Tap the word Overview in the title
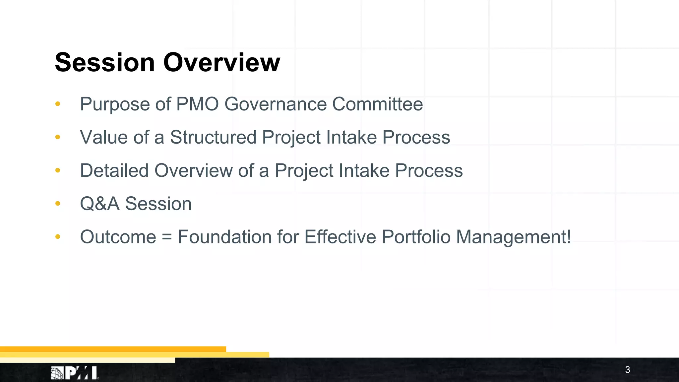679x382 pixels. click(x=221, y=62)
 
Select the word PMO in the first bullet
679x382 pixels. click(x=197, y=104)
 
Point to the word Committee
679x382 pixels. click(x=377, y=104)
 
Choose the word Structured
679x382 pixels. click(x=213, y=137)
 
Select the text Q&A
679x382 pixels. click(x=99, y=204)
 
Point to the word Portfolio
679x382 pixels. click(x=416, y=237)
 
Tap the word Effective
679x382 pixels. click(x=340, y=237)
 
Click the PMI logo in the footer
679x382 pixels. click(x=75, y=373)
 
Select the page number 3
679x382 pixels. click(x=627, y=370)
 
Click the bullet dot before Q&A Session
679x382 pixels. click(x=58, y=203)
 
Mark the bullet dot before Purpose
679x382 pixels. click(x=58, y=104)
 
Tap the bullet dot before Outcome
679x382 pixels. click(x=58, y=236)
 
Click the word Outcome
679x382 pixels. click(x=118, y=237)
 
